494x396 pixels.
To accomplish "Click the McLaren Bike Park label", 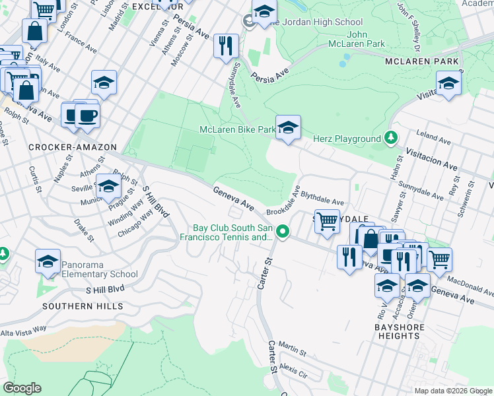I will (237, 130).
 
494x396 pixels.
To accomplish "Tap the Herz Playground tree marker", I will (392, 138).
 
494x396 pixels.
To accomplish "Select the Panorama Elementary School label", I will (100, 270).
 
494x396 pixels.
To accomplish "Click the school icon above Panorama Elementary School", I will (48, 262).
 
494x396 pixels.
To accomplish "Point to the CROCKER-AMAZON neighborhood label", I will (73, 147).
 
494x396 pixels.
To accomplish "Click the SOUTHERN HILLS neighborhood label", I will (83, 306).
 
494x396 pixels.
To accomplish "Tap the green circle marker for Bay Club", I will (283, 231).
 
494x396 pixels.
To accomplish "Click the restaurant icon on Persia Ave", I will (226, 46).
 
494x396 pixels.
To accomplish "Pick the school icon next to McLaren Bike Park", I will (288, 127).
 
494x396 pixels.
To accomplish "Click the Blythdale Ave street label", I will (323, 199).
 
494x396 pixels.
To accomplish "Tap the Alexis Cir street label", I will (294, 370).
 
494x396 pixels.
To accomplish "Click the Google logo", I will (22, 388).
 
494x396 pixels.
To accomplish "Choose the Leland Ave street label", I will (433, 139).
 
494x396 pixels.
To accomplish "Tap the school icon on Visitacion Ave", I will (448, 83).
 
